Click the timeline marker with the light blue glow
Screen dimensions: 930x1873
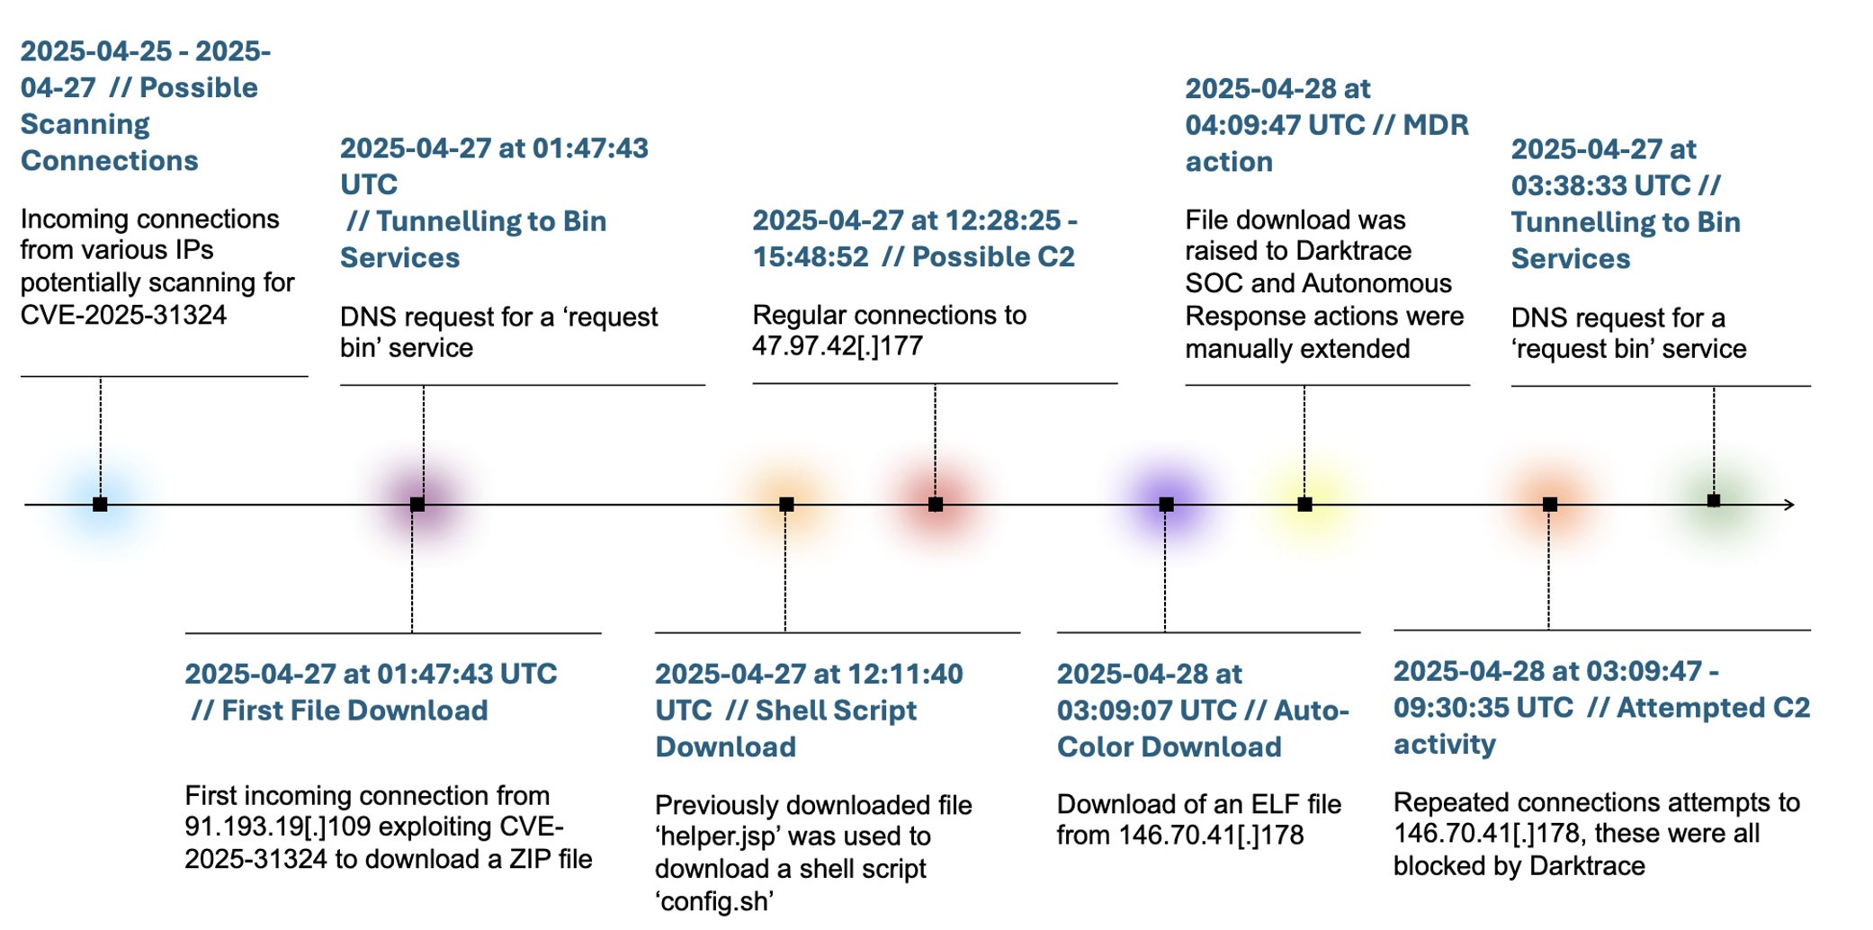[x=100, y=505]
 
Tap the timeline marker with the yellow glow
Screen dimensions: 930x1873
[x=1304, y=505]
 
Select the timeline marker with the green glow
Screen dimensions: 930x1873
[x=1714, y=501]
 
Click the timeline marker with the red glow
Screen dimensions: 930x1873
[x=936, y=505]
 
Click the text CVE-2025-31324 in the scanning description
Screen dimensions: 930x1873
[x=123, y=315]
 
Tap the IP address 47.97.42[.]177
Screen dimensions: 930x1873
[x=837, y=346]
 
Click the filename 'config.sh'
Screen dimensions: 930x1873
[x=714, y=901]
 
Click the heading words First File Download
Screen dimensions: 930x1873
[x=354, y=711]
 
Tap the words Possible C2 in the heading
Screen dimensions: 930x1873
[x=993, y=257]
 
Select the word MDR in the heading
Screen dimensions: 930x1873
[x=1436, y=125]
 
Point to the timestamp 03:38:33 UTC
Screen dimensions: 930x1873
[x=1600, y=186]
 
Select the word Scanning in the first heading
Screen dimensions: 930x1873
[x=85, y=124]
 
